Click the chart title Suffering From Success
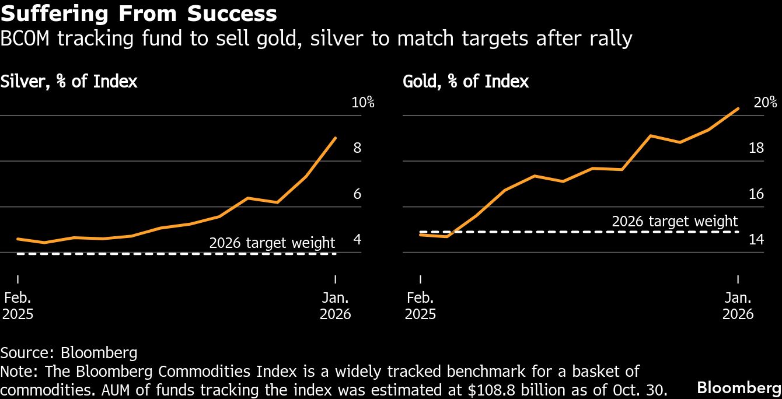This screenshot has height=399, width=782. coord(139,13)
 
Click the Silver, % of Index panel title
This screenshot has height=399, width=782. coord(69,81)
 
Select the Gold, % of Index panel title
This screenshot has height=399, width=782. coord(466,81)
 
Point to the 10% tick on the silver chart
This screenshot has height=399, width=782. coord(362,103)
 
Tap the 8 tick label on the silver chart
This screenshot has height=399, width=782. coord(357,148)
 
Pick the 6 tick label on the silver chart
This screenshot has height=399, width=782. coord(357,194)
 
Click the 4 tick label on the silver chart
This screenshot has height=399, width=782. coord(357,240)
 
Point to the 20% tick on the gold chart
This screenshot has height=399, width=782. coord(765,103)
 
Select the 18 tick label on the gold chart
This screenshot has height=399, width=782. coord(756,148)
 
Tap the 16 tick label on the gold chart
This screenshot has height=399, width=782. coord(756,194)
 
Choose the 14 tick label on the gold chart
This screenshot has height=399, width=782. coord(756,240)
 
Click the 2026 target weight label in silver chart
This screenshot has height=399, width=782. coord(272,243)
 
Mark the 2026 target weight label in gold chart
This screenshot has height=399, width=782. coord(675,222)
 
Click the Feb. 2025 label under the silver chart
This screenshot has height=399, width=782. coord(18,306)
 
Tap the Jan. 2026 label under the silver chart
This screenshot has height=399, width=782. coord(336,306)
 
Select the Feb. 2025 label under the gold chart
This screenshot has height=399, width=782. coord(420,306)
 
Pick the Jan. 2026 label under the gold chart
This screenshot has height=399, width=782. coord(738,306)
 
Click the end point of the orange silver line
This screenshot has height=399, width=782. coord(336,138)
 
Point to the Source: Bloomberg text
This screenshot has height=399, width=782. coord(69,352)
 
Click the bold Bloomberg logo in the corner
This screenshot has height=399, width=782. coord(739,387)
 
